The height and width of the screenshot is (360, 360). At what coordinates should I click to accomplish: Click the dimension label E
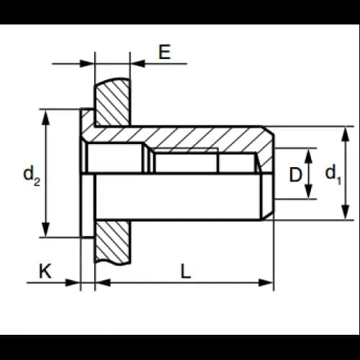[165, 52]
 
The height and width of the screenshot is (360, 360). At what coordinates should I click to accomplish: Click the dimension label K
[45, 271]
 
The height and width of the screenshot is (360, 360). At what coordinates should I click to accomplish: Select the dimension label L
[186, 271]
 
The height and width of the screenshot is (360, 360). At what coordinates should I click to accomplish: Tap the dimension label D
[295, 174]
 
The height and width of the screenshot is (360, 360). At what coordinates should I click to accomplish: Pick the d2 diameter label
[32, 176]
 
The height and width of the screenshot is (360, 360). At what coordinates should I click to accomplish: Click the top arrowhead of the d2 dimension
[45, 117]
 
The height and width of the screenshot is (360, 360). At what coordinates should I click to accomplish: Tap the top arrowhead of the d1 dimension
[345, 135]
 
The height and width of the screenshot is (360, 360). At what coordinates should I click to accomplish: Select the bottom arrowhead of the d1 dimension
[345, 212]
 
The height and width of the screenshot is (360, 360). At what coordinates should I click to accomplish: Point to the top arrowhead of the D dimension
[309, 156]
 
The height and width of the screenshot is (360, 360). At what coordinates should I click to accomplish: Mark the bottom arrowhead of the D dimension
[309, 192]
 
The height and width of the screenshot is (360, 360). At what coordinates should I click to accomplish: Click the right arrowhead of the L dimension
[266, 282]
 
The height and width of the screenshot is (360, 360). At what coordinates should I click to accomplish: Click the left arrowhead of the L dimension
[103, 282]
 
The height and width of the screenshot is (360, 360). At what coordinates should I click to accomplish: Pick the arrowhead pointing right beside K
[73, 282]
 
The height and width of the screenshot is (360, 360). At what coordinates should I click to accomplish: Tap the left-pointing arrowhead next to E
[138, 63]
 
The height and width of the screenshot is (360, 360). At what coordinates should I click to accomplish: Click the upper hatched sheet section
[113, 103]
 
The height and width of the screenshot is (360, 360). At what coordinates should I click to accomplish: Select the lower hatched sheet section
[113, 241]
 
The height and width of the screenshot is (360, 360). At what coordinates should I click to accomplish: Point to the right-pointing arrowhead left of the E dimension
[87, 63]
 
